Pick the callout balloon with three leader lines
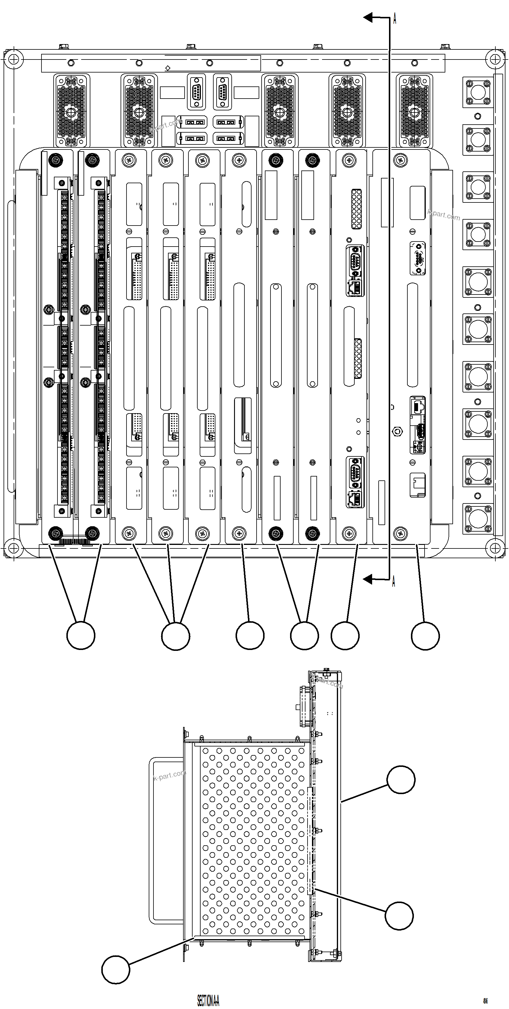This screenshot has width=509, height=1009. click(176, 636)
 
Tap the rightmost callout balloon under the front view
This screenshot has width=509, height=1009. click(425, 635)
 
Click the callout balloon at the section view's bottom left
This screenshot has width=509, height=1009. click(116, 969)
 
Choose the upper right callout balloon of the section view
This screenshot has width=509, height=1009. click(401, 780)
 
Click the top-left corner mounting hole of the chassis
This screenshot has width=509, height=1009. click(13, 59)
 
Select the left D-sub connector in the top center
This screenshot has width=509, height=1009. click(196, 92)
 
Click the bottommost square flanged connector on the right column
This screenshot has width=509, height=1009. click(478, 519)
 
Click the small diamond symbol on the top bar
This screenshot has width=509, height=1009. click(168, 68)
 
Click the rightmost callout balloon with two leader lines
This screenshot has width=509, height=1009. click(304, 635)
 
